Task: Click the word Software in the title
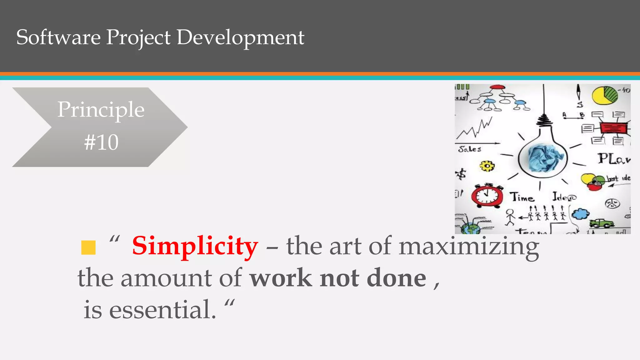tap(58, 37)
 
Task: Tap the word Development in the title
tap(240, 38)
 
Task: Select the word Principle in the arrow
tap(101, 110)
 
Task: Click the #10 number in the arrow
tap(101, 142)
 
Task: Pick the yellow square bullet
tap(88, 247)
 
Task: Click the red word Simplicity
tap(195, 246)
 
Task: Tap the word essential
tap(162, 310)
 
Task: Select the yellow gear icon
tap(487, 166)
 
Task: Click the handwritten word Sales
tap(470, 149)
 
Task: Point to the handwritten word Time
tap(522, 197)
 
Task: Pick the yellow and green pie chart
tap(604, 96)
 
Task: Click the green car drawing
tap(601, 223)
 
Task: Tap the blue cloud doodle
tap(580, 214)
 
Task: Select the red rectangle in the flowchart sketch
tap(613, 128)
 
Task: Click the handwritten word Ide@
tap(564, 197)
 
